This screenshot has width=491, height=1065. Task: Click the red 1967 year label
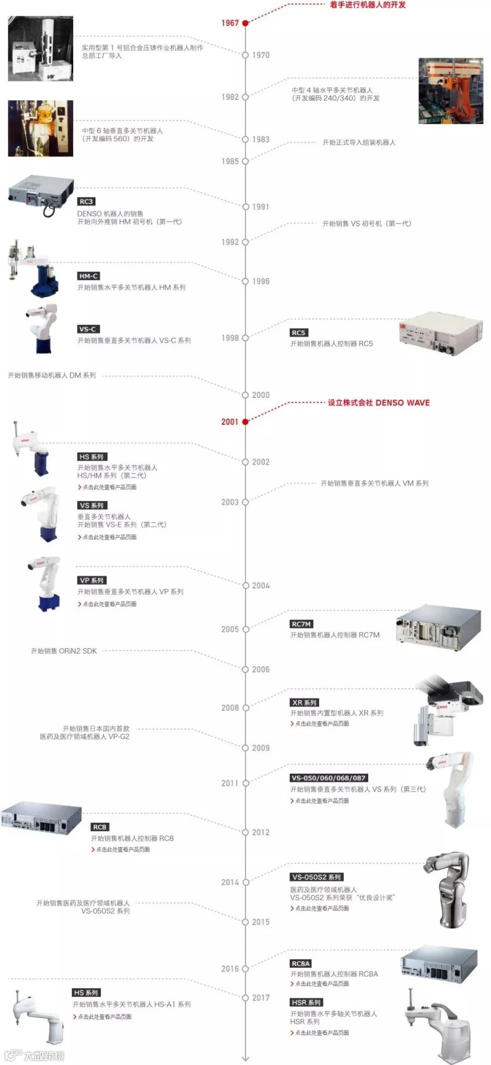(x=230, y=23)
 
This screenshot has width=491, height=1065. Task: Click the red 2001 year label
(x=230, y=422)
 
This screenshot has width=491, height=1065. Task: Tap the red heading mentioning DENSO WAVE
(x=378, y=402)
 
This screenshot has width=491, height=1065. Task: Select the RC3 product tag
(x=86, y=201)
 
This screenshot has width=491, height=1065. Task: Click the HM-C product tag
(x=88, y=276)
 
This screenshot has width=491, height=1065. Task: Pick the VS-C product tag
(x=87, y=329)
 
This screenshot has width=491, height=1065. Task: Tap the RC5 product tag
(x=298, y=333)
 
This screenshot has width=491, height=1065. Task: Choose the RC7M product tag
(x=301, y=624)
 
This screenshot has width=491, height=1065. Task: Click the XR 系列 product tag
(x=304, y=702)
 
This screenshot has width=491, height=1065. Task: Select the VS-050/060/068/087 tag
(x=328, y=778)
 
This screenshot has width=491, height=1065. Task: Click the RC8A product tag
(x=301, y=964)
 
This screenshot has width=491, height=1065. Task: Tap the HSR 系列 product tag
(x=306, y=1002)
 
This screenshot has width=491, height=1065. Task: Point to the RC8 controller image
(x=41, y=819)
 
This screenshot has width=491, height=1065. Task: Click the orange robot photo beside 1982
(x=451, y=91)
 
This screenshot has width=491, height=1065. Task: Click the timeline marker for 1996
(x=245, y=281)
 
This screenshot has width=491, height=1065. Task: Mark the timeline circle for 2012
(x=245, y=832)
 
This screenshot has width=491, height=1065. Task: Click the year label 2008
(x=230, y=708)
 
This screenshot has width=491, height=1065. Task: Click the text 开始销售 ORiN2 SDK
(x=64, y=651)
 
